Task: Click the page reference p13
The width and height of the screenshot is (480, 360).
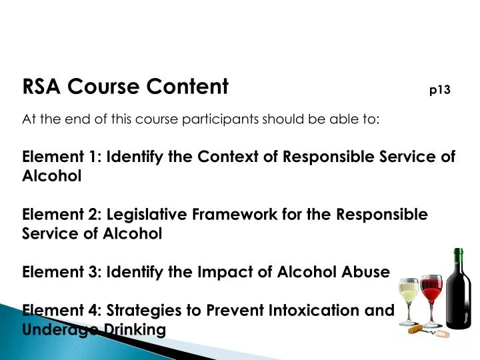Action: click(440, 90)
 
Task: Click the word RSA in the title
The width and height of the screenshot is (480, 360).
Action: click(42, 87)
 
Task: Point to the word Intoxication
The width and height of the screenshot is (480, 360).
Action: click(313, 310)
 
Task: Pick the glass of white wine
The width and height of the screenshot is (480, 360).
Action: click(409, 297)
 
